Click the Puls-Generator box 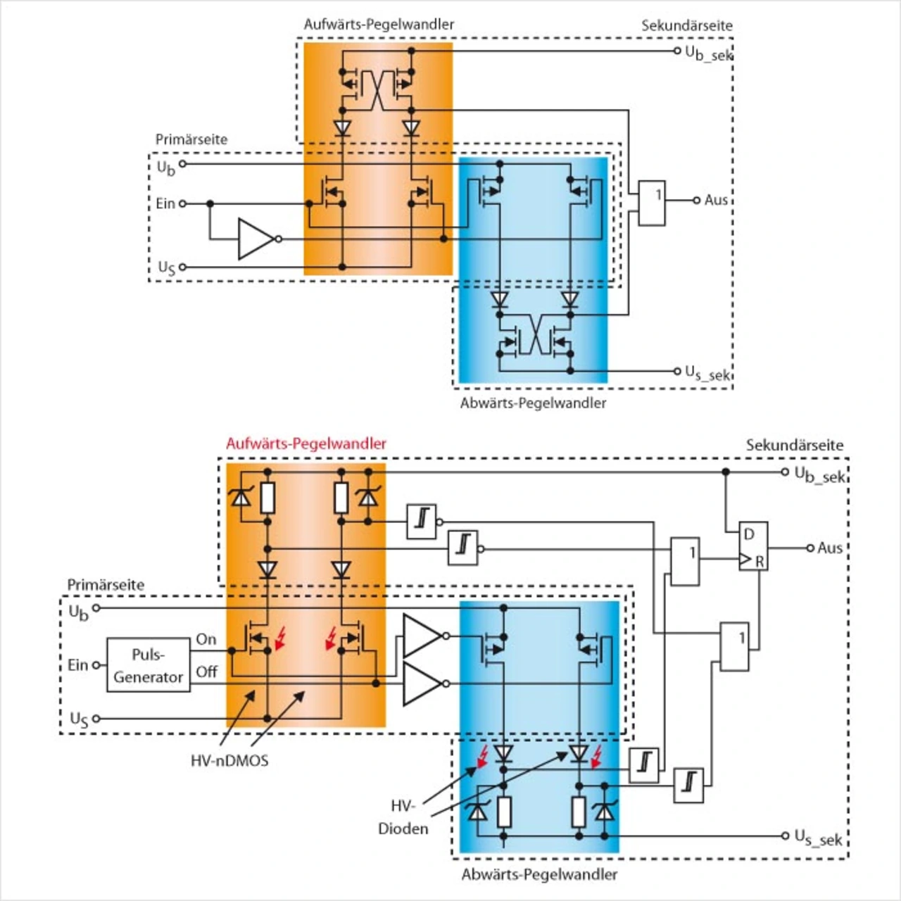pyautogui.click(x=149, y=664)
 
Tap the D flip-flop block pyautogui.click(x=753, y=546)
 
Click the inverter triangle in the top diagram pyautogui.click(x=256, y=239)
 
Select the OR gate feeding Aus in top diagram pyautogui.click(x=652, y=203)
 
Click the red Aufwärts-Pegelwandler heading pyautogui.click(x=306, y=443)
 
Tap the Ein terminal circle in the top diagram pyautogui.click(x=183, y=203)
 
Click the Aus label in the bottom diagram pyautogui.click(x=830, y=548)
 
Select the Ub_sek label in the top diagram pyautogui.click(x=708, y=53)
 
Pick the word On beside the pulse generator pyautogui.click(x=206, y=639)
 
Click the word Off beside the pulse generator pyautogui.click(x=207, y=672)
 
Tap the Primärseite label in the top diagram pyautogui.click(x=191, y=139)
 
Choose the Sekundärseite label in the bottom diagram pyautogui.click(x=795, y=445)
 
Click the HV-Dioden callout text pyautogui.click(x=403, y=817)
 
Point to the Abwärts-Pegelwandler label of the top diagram pyautogui.click(x=533, y=403)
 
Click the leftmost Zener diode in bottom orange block pyautogui.click(x=241, y=498)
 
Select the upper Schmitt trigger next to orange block pyautogui.click(x=421, y=522)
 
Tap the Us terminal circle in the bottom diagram pyautogui.click(x=96, y=718)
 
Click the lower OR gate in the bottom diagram pyautogui.click(x=734, y=647)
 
